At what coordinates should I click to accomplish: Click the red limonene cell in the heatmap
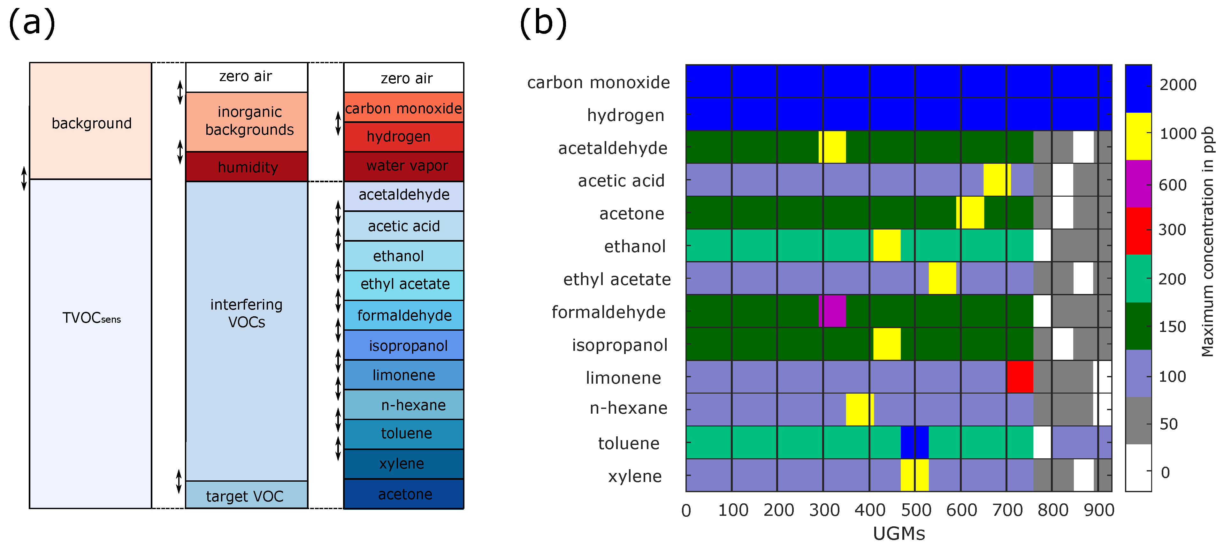1020,377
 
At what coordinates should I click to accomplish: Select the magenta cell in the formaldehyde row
833,311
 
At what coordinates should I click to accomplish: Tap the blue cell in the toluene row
915,442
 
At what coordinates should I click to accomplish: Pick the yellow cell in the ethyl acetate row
942,278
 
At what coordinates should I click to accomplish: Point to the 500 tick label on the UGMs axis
916,510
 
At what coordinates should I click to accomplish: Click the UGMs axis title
899,534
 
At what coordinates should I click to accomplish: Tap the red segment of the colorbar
1138,231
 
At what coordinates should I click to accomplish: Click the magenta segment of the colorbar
1138,184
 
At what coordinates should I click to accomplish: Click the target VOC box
246,495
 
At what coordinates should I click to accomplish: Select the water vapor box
404,166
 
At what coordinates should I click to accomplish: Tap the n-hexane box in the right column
404,405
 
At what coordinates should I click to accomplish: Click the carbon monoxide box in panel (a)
404,108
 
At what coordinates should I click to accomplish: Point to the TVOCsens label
91,318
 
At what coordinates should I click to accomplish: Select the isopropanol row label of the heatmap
620,345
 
